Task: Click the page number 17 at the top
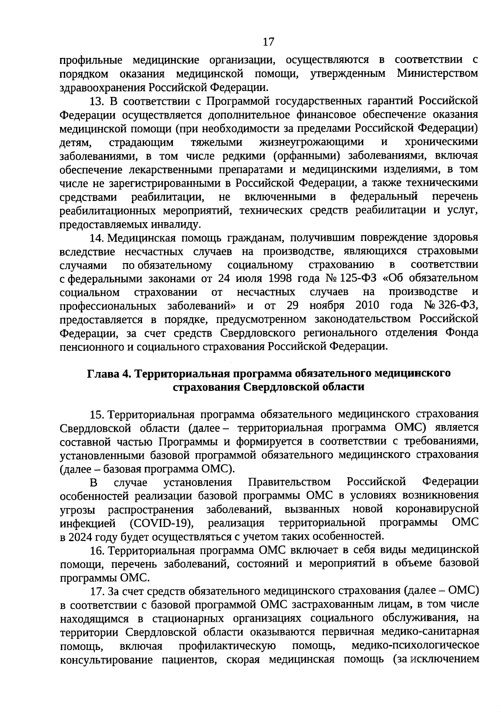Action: (268, 42)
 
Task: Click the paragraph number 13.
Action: (98, 101)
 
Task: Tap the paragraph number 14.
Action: (98, 238)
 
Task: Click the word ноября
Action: (326, 306)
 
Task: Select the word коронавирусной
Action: (443, 510)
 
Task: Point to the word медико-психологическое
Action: (415, 646)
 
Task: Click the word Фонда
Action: (461, 333)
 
